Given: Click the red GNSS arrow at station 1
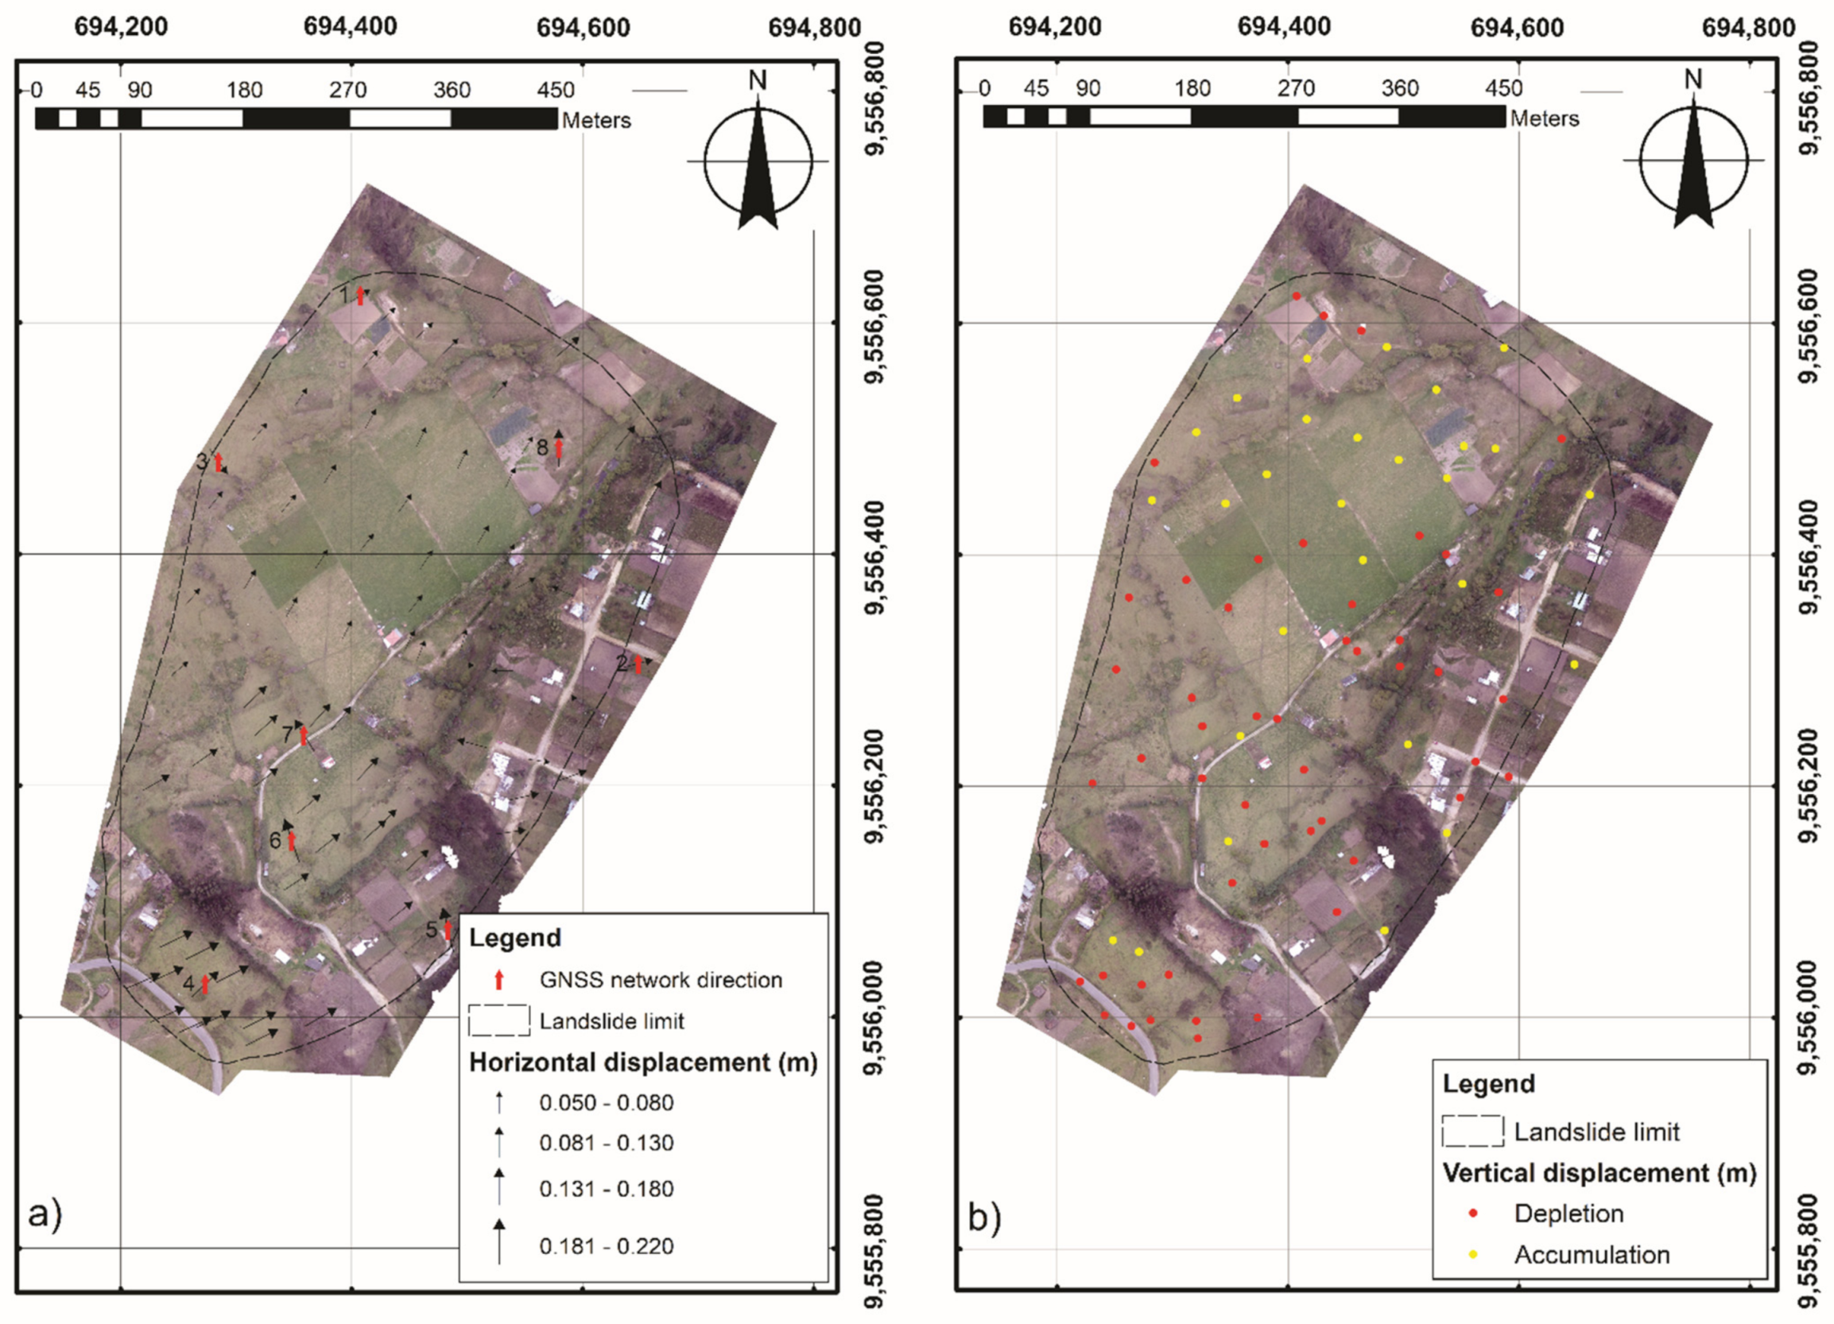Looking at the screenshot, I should coord(361,295).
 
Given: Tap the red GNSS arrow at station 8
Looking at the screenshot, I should coord(558,447).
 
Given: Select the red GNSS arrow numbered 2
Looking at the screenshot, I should coord(638,664).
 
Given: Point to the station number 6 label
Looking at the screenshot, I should coord(275,842).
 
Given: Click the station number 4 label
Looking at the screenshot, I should coord(188,985).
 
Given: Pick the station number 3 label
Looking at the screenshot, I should coord(202,462).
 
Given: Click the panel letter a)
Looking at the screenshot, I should coord(45,1214).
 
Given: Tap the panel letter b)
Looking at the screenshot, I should coord(984,1218).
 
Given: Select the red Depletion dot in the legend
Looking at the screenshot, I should coord(1473,1214).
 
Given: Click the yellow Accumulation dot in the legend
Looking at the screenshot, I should coord(1473,1255).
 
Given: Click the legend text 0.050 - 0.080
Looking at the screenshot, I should coord(606,1102).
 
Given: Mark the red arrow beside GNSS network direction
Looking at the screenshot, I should coord(499,980).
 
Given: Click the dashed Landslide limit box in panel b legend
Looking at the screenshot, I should coord(1472,1132).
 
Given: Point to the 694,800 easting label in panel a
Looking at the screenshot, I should coord(814,28).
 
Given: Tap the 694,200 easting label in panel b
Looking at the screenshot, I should coord(1054,28).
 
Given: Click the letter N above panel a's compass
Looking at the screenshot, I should coord(758,80).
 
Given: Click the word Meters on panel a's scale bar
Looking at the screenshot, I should coord(596,121).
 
